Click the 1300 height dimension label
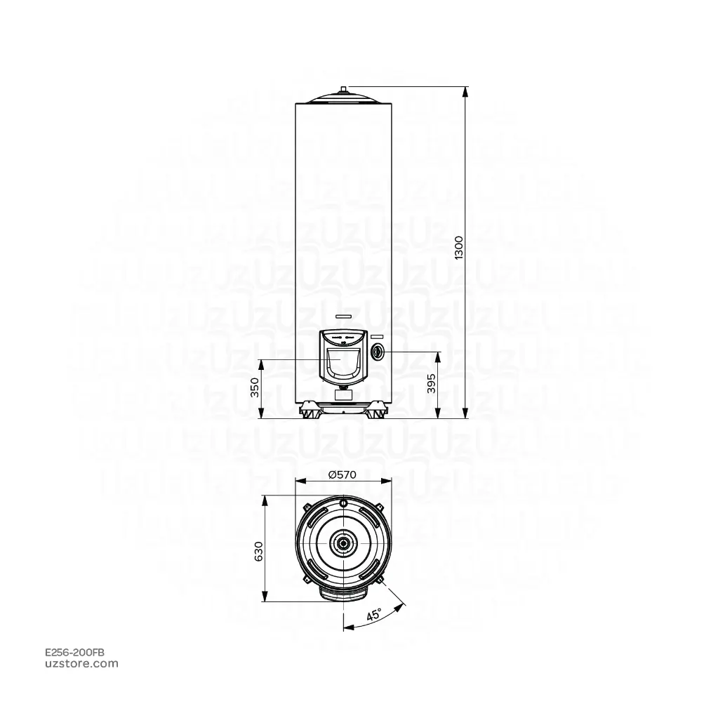(459, 249)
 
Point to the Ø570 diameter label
(343, 474)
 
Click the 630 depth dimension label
(258, 551)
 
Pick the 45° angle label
(373, 615)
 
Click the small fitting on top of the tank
(343, 89)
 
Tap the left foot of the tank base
(309, 411)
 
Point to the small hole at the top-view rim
(343, 504)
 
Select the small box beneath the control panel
(343, 395)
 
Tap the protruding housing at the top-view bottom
(343, 594)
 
